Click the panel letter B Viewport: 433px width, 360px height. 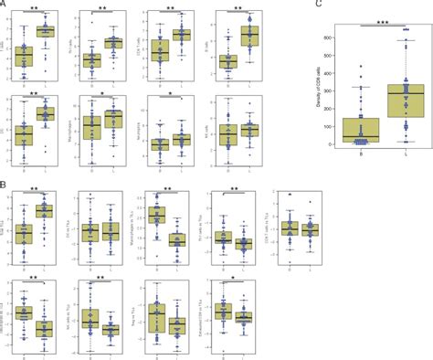point(4,184)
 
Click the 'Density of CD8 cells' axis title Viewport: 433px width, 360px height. point(322,87)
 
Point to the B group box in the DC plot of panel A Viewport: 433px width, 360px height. point(26,136)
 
